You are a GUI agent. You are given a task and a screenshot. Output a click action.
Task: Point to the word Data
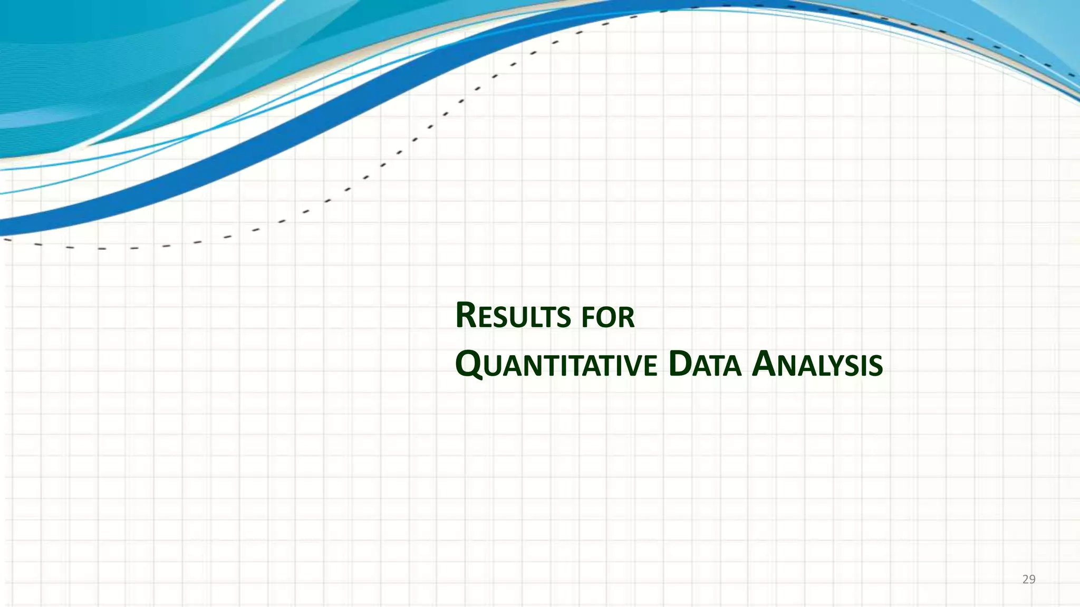coord(705,365)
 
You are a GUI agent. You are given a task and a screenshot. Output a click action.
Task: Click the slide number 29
coord(1029,580)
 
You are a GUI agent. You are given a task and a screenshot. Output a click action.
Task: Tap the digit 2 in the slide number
coord(1025,580)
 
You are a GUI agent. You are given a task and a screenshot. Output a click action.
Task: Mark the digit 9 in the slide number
coord(1033,580)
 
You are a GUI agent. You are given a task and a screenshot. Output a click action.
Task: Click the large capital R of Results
coord(467,316)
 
